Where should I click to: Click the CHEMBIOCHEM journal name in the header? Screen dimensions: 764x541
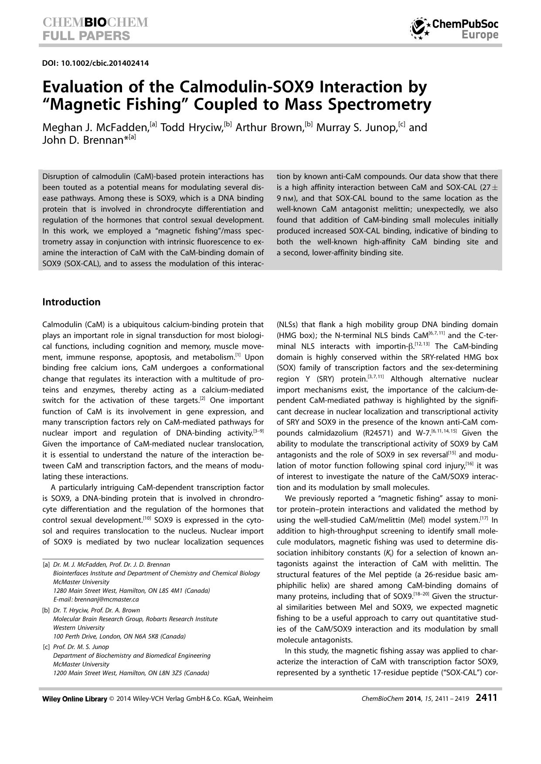pos(95,23)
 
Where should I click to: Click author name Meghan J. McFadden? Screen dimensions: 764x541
pos(95,128)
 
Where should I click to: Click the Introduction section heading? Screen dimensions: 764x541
pos(71,302)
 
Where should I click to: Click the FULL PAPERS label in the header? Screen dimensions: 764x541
pos(86,35)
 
